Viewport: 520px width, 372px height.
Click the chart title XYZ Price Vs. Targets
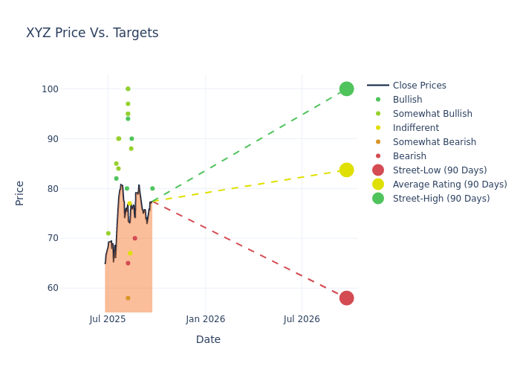92,33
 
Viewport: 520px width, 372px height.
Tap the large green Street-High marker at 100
346,89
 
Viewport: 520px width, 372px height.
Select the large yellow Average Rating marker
346,170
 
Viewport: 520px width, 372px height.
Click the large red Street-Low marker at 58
346,298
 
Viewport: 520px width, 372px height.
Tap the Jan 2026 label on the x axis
206,319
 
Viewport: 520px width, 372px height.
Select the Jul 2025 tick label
108,319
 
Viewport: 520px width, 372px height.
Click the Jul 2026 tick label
302,319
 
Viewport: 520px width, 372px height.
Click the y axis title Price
20,193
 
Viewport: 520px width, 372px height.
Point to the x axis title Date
208,339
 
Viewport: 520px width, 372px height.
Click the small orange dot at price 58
128,298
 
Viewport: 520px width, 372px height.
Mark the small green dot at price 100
128,89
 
